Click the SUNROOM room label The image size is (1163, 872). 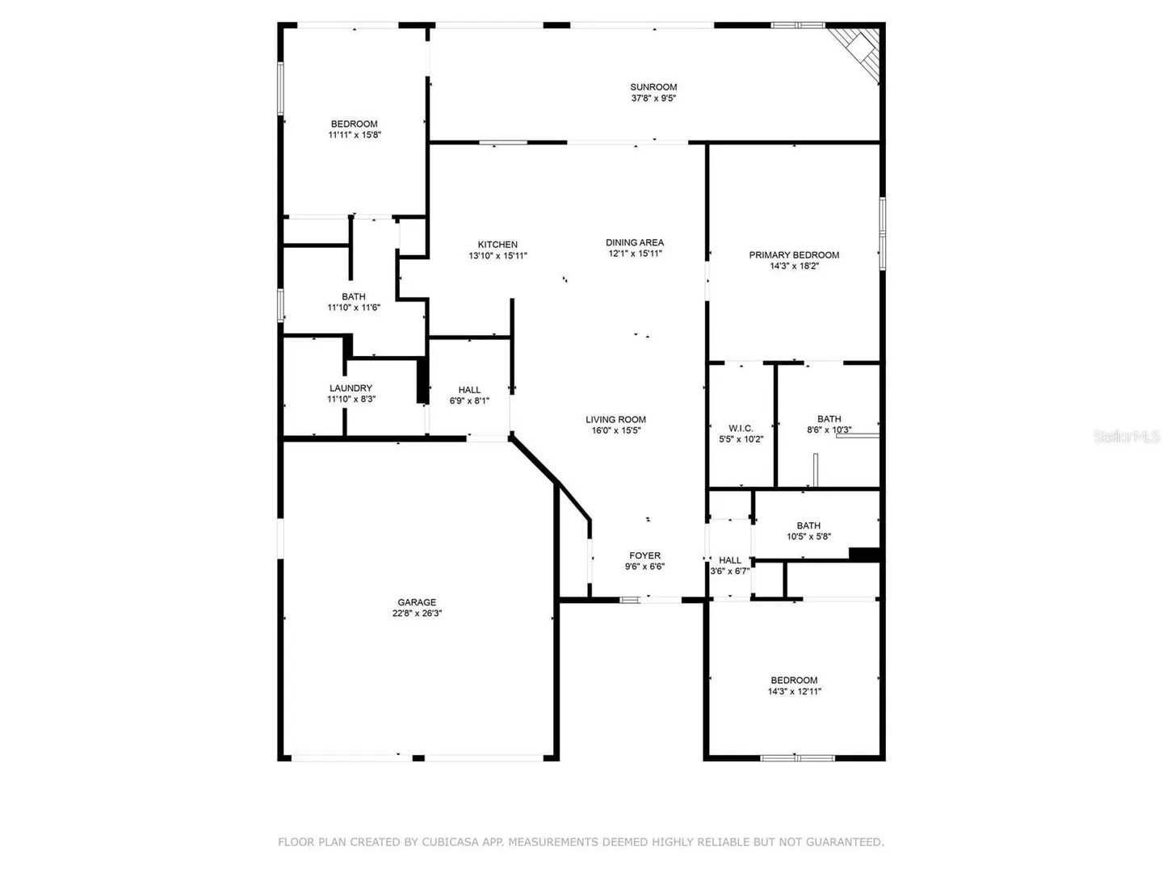click(x=653, y=87)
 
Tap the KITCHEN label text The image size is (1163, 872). click(x=498, y=245)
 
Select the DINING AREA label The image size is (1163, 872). click(x=635, y=242)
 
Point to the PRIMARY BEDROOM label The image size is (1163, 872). click(x=794, y=255)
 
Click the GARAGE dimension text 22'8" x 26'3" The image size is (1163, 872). click(x=417, y=613)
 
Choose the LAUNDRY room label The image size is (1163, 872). click(x=351, y=388)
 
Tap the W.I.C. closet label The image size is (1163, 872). click(x=741, y=428)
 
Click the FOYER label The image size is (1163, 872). click(x=644, y=555)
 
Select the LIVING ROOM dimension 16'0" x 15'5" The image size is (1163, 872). click(x=615, y=430)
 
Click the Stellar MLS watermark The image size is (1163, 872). click(x=1127, y=437)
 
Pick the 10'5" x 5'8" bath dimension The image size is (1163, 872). click(x=808, y=536)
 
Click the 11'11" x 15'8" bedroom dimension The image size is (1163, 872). click(x=355, y=135)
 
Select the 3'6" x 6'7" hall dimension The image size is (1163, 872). click(x=729, y=571)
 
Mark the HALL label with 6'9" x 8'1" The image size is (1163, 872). click(x=469, y=390)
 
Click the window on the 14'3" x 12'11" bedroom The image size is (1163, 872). click(x=797, y=758)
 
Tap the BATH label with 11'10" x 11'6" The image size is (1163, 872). click(x=354, y=296)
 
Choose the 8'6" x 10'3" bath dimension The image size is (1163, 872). click(x=829, y=430)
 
